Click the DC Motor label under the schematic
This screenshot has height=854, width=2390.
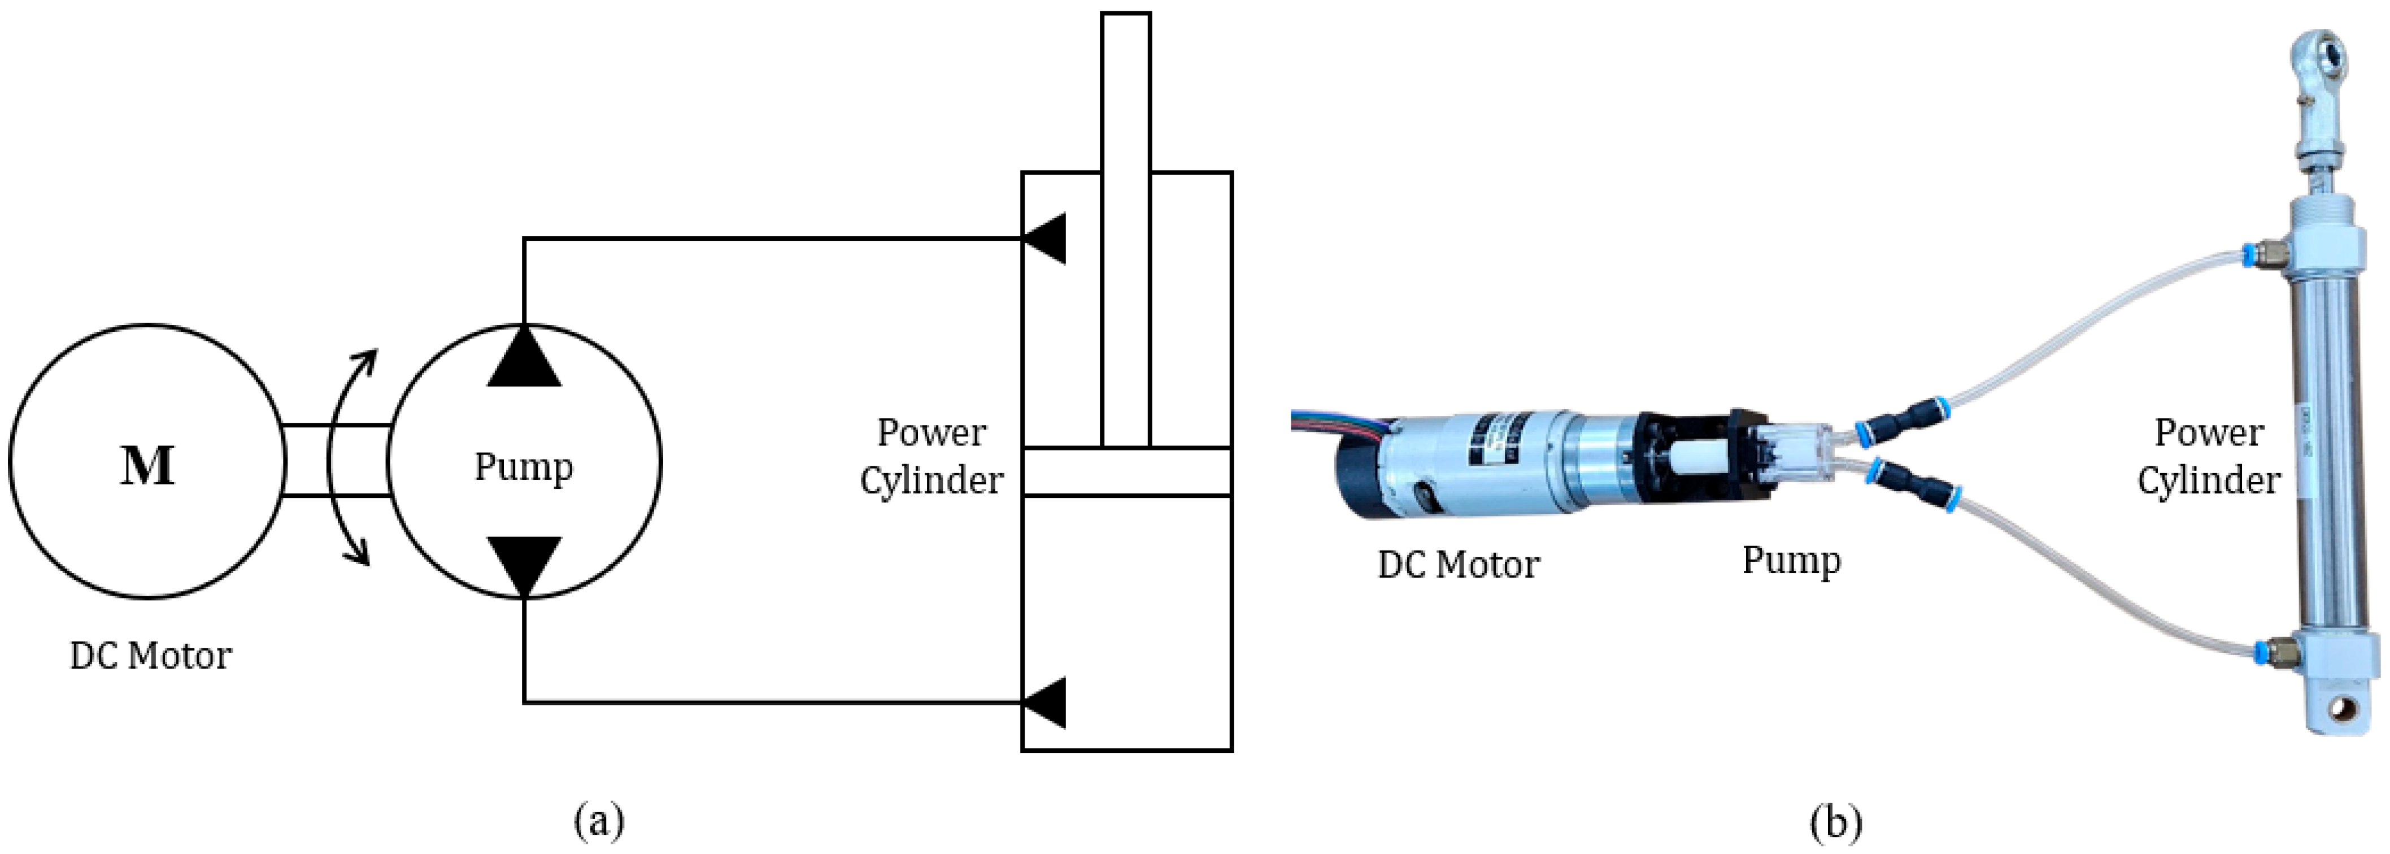[150, 656]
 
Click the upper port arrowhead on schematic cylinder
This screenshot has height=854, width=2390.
[1046, 239]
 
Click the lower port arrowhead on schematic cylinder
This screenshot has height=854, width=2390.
[1046, 702]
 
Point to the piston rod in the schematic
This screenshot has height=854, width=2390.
[1125, 232]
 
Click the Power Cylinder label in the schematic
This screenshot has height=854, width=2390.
[931, 457]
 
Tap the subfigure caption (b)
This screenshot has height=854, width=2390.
[1835, 821]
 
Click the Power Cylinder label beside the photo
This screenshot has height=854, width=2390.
[2208, 457]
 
